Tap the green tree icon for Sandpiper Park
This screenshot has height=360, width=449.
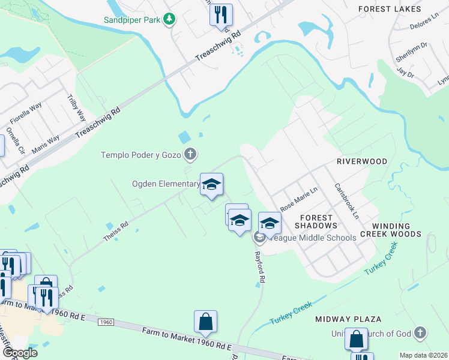170,20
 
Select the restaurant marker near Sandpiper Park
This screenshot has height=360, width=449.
221,15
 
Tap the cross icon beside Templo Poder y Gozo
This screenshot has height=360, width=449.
190,155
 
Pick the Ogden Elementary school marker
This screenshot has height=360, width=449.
211,184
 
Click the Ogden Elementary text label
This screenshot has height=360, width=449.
166,184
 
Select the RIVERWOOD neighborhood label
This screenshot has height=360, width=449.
362,162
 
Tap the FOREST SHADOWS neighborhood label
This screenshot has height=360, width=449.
316,221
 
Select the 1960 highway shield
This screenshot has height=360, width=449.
106,323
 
